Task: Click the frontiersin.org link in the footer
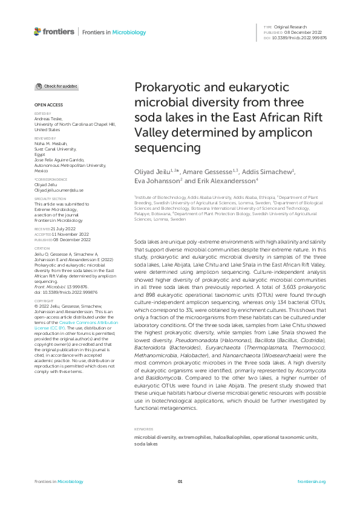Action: click(x=312, y=481)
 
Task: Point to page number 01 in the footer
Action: click(x=180, y=481)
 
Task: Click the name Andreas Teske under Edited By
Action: click(x=48, y=119)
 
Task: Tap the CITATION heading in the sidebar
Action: click(x=42, y=248)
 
